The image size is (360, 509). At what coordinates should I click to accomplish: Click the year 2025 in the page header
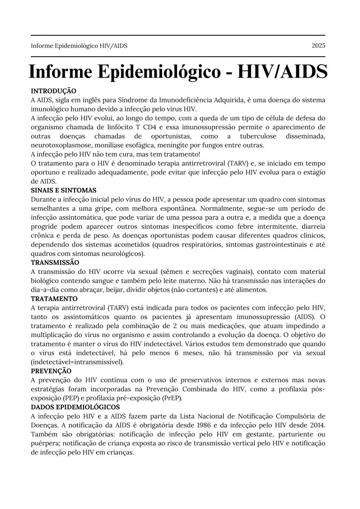click(x=318, y=46)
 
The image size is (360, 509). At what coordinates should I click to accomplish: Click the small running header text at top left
click(x=79, y=46)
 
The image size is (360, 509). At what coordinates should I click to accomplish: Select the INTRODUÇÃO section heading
click(x=53, y=91)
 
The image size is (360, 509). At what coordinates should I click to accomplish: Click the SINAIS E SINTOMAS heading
click(x=64, y=190)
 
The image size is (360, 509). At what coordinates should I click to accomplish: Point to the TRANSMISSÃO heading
click(x=55, y=262)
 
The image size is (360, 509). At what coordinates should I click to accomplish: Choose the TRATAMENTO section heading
click(x=54, y=299)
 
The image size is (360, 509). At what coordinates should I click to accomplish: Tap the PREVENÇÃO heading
click(x=51, y=371)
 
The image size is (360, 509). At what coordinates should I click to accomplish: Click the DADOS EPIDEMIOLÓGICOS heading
click(x=73, y=407)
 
